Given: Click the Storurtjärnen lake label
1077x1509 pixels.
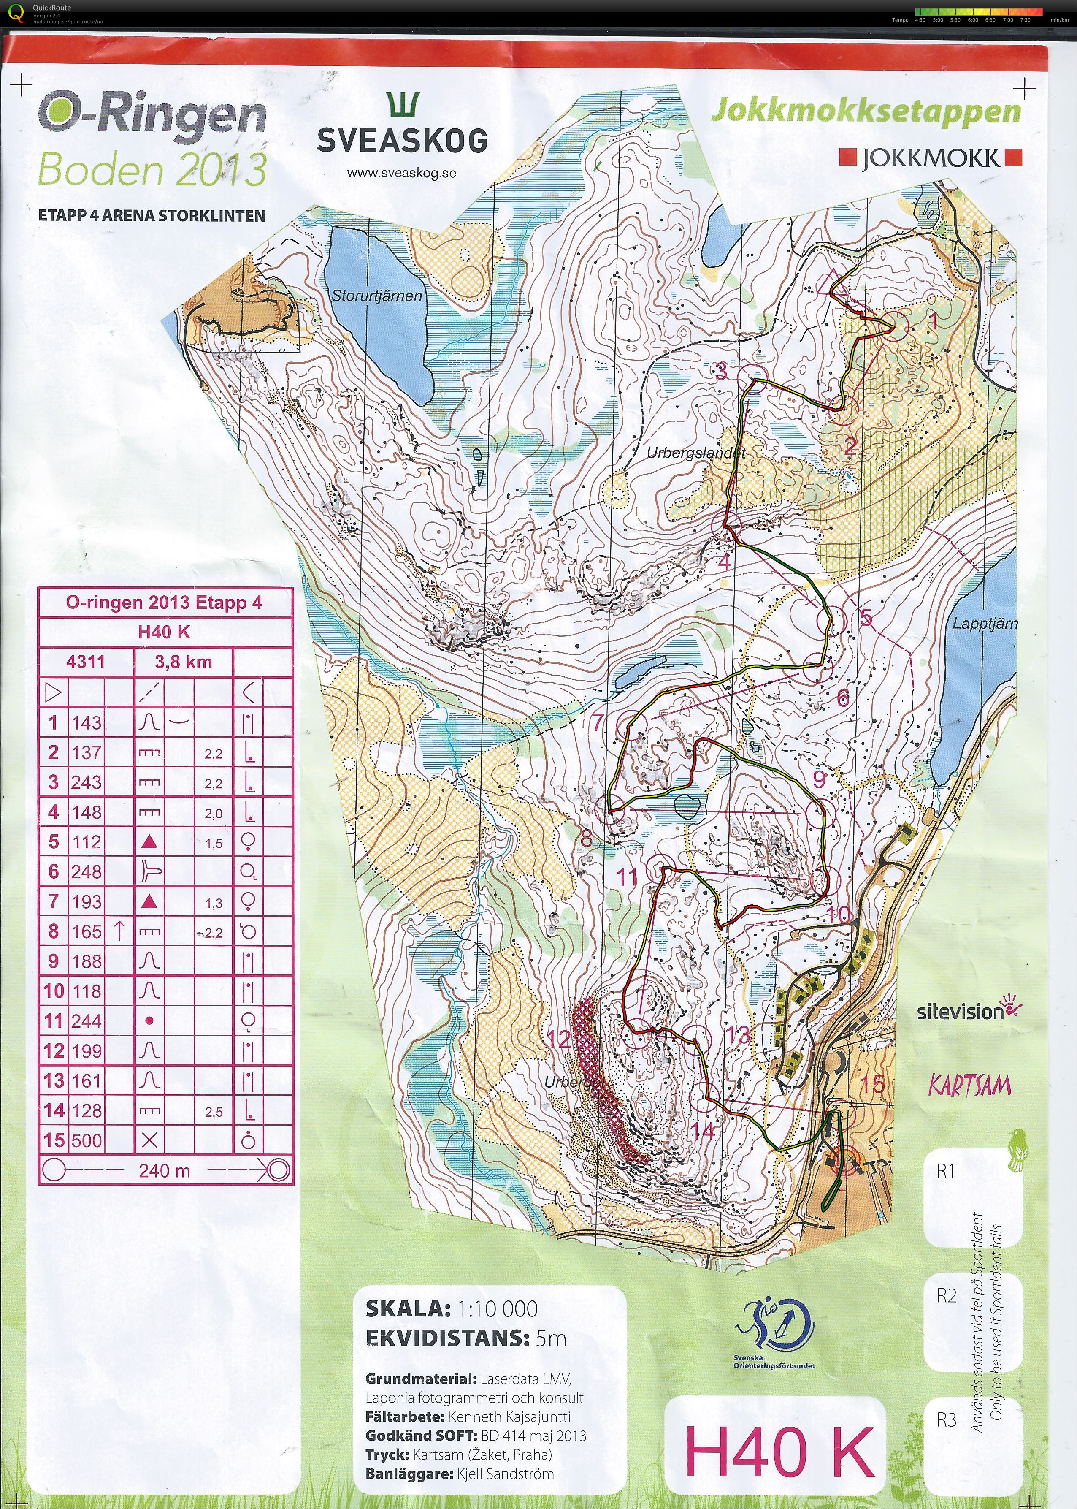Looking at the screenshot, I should coord(377,296).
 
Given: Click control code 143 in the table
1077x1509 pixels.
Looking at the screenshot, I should coord(86,722).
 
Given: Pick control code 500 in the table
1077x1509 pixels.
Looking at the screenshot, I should coord(86,1140).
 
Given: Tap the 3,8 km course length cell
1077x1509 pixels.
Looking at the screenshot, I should coord(183,661).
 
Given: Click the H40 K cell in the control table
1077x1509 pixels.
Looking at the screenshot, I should coord(165,632).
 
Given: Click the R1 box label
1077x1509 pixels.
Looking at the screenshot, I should coord(946,1171).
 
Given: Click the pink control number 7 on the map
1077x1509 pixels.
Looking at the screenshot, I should coord(598,721).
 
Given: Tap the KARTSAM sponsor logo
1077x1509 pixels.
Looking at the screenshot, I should coord(969,1086).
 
